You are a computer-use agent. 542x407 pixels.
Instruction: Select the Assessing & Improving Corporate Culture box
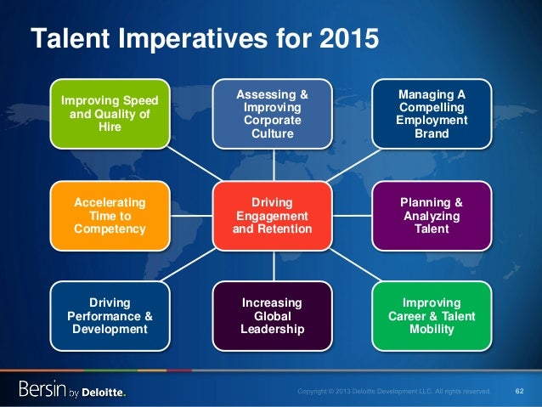(x=273, y=113)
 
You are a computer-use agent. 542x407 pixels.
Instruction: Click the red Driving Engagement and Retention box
(x=273, y=216)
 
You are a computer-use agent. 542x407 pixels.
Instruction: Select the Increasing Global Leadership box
(x=273, y=316)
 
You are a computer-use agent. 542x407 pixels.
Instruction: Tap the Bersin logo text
(x=45, y=390)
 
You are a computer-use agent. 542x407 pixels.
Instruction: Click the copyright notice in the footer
(x=393, y=391)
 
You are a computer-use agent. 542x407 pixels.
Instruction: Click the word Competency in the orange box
(x=110, y=229)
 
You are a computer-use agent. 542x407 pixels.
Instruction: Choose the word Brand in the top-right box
(x=432, y=133)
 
